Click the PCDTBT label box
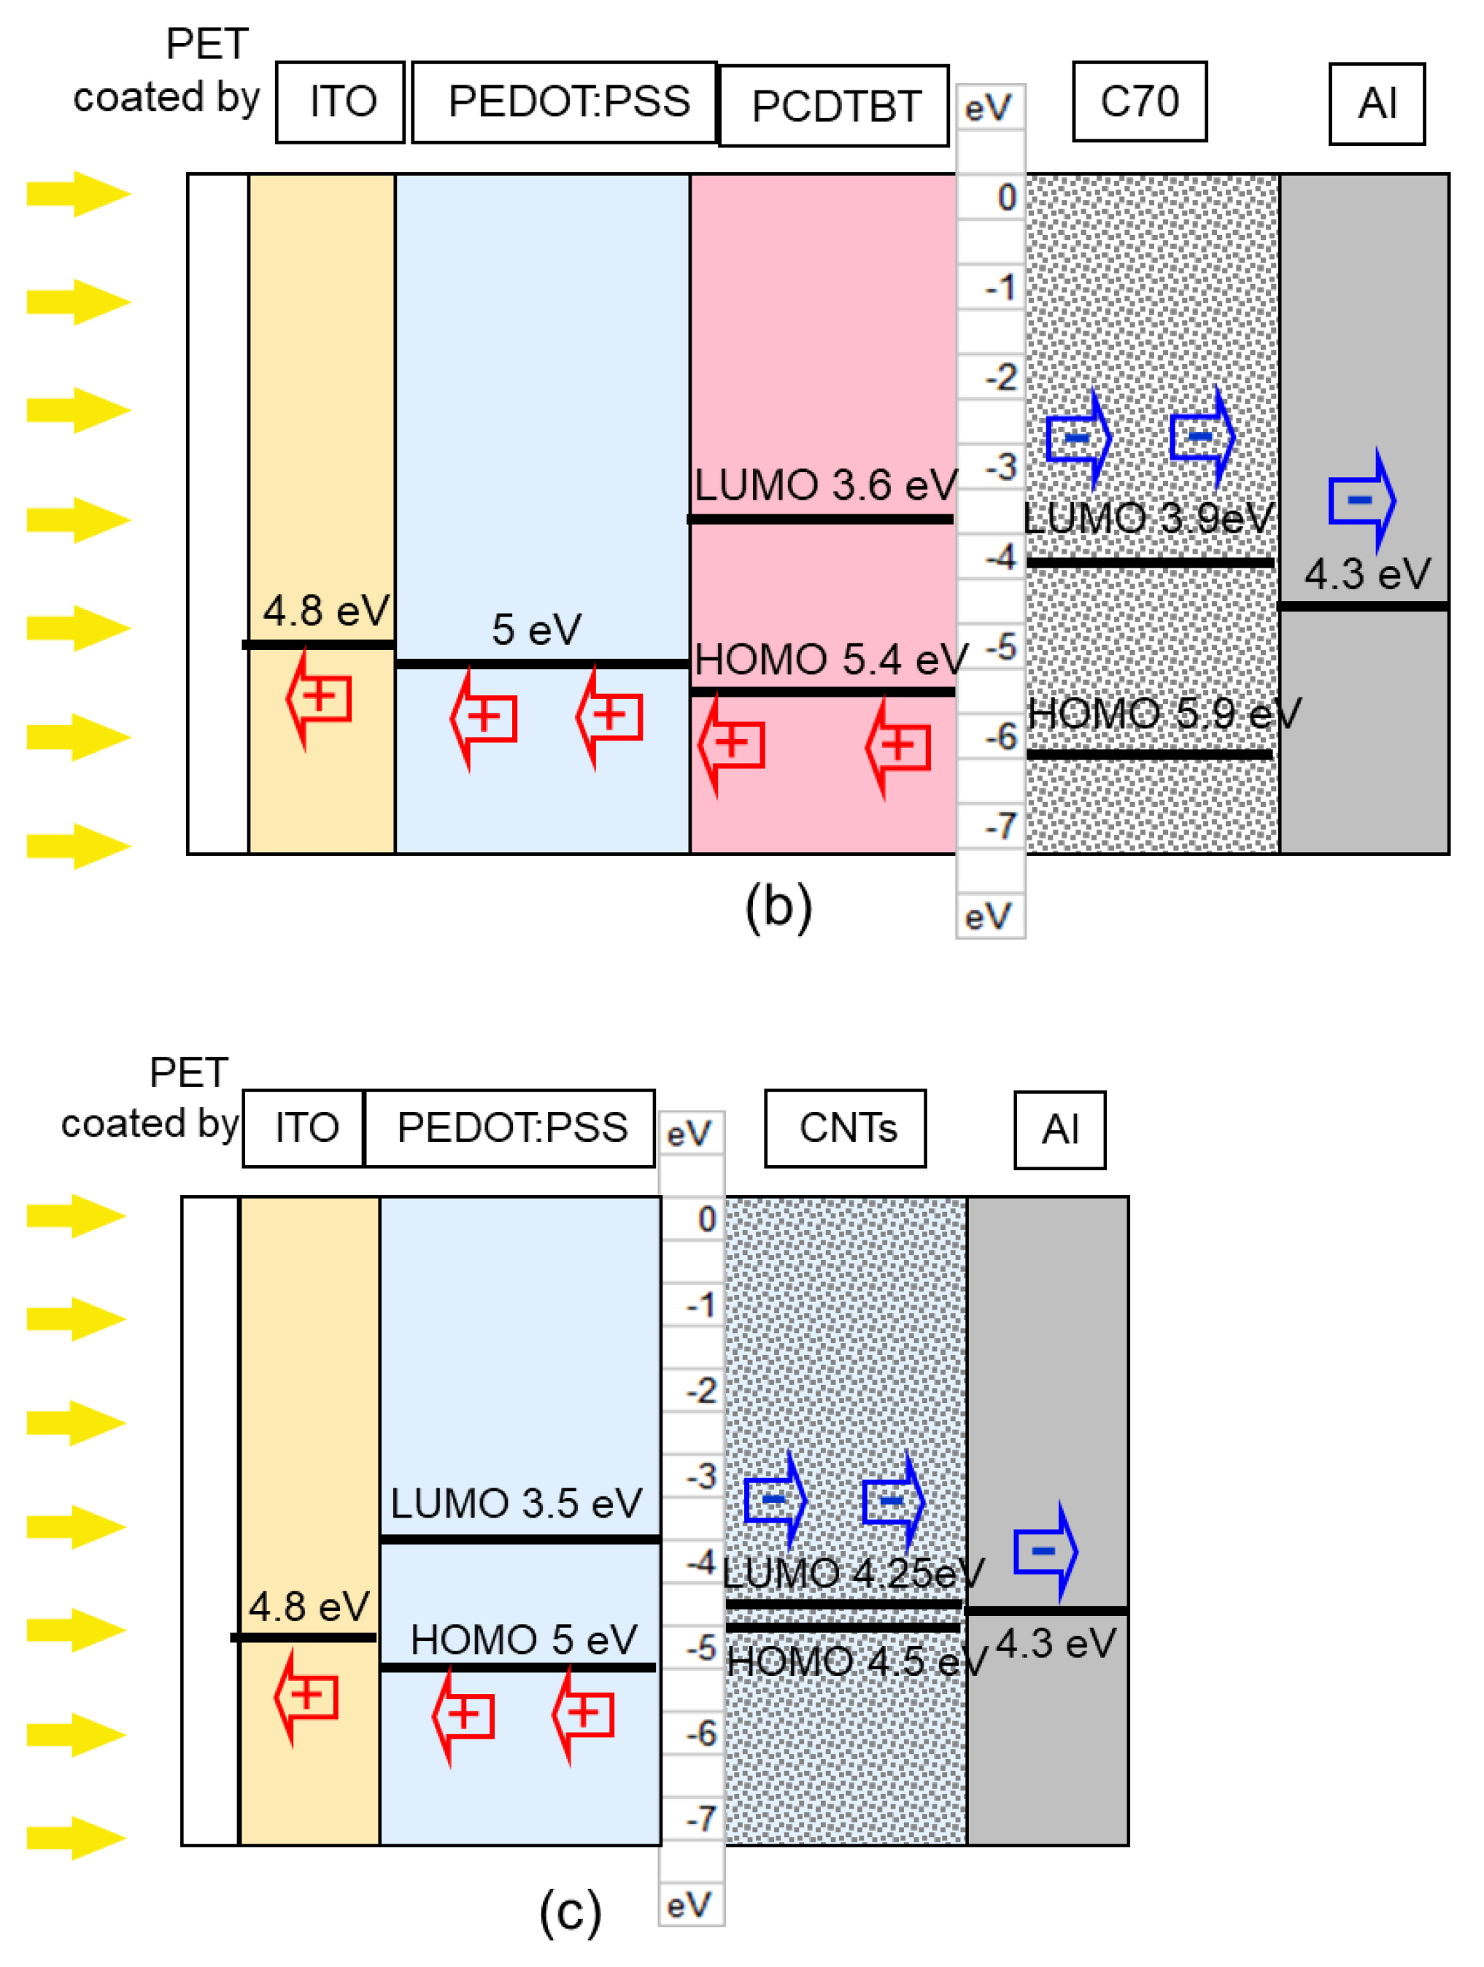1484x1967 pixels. coord(833,106)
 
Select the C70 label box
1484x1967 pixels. coord(1139,101)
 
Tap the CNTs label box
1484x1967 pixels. coord(846,1127)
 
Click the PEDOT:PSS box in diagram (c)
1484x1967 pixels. coord(511,1127)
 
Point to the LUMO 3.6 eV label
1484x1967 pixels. coord(824,485)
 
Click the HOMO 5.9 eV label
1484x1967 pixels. coord(1163,713)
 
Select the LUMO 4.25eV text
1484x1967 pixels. coord(852,1573)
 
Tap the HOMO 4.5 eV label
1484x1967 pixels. coord(855,1661)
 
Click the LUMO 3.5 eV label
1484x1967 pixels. coord(516,1504)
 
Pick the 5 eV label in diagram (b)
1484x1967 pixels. coord(536,630)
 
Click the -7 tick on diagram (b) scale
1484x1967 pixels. coord(1000,826)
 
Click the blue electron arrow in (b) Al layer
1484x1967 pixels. coord(1361,500)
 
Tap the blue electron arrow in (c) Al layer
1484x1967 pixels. coord(1046,1552)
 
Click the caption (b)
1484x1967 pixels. coord(778,907)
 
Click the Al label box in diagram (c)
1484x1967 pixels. coord(1060,1129)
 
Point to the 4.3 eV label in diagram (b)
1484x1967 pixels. coord(1367,573)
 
